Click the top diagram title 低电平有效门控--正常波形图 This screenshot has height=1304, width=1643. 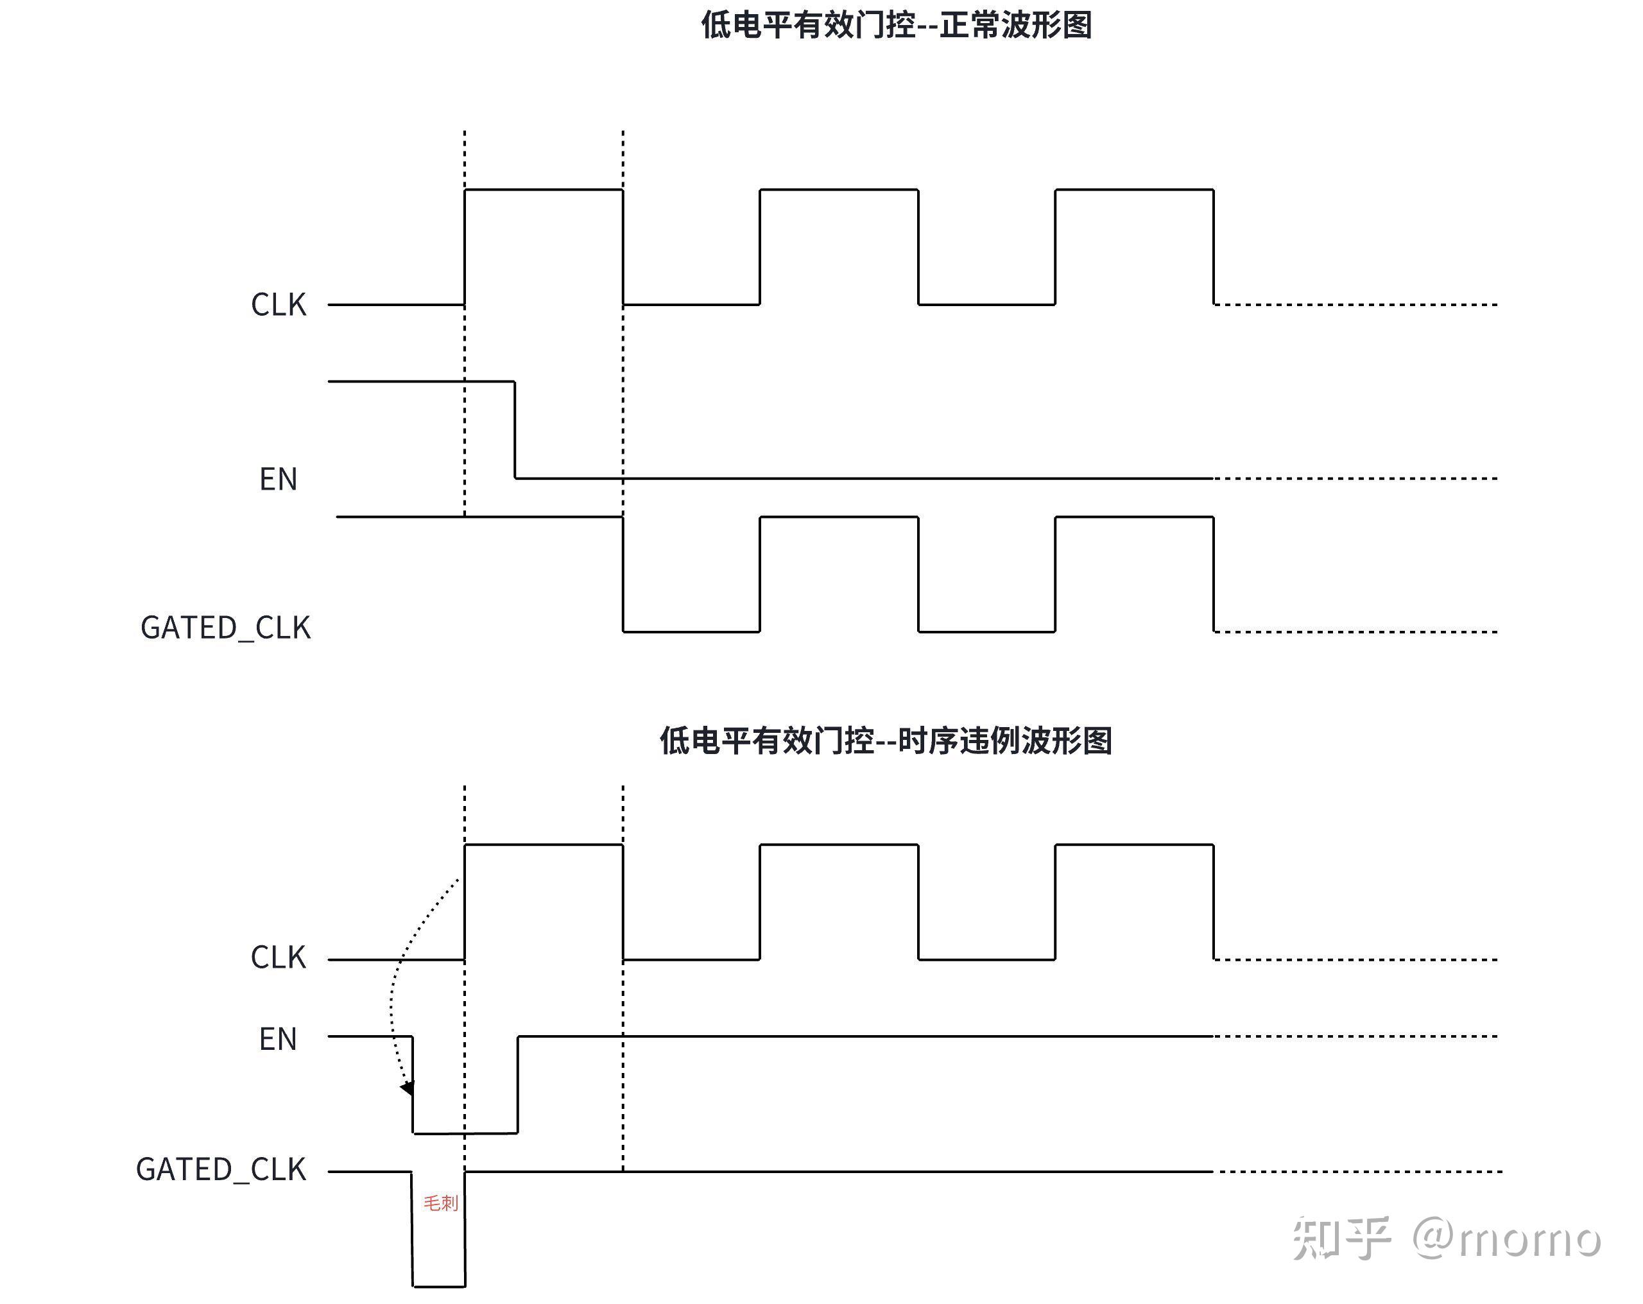coord(896,25)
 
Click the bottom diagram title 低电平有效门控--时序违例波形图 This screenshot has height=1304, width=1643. coord(886,740)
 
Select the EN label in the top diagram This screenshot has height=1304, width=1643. coord(278,479)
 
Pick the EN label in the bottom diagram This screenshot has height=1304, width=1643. coord(278,1040)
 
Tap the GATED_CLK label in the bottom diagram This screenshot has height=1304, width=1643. coord(221,1169)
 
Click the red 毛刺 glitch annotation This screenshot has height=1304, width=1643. coord(440,1203)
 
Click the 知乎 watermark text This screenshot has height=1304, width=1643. coord(1341,1239)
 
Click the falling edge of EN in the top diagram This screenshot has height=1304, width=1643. coord(515,430)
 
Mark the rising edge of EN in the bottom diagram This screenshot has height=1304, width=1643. coord(518,1084)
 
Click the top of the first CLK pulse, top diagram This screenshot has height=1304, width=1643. coord(544,190)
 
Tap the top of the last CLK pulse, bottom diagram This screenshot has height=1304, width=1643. coord(1134,845)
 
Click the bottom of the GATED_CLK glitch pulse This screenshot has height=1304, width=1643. coord(439,1287)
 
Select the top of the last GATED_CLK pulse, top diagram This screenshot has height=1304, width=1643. coord(1134,517)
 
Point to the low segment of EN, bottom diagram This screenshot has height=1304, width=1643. coord(465,1133)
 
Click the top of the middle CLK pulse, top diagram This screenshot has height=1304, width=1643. coord(838,190)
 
